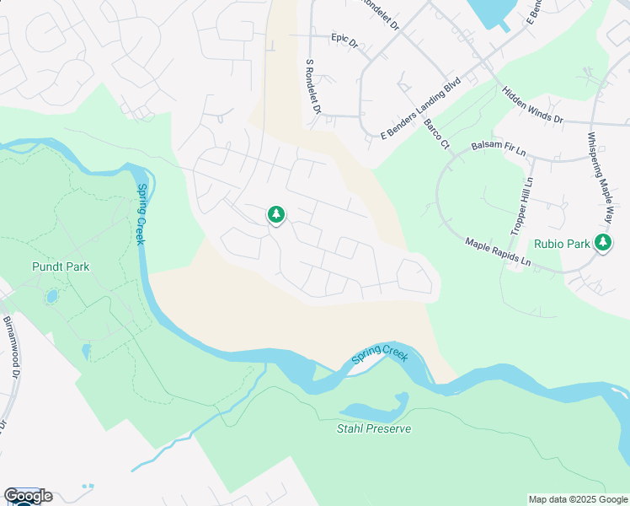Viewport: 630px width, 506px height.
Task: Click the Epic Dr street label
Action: click(345, 38)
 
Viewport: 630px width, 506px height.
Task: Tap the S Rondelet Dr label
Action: click(313, 86)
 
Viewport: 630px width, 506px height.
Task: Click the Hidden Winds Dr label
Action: click(532, 105)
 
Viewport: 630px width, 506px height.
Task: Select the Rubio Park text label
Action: click(561, 244)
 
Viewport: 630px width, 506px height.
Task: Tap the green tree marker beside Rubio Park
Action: click(602, 243)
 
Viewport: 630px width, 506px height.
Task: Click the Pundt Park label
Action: click(61, 266)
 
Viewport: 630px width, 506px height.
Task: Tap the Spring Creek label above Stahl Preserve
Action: click(379, 354)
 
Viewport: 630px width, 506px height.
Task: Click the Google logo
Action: click(28, 496)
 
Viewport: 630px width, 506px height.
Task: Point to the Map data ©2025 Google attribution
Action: click(578, 499)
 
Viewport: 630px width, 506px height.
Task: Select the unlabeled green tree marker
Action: click(275, 215)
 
